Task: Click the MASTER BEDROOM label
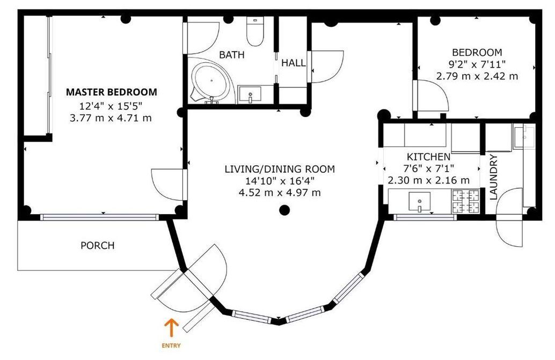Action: pos(112,92)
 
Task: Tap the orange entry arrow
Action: pos(171,327)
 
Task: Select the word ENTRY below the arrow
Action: pos(171,346)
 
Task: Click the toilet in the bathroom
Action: pos(255,31)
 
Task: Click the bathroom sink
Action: pos(250,94)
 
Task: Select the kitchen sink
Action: pos(419,202)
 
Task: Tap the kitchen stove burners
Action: pos(465,201)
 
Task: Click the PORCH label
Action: pos(97,245)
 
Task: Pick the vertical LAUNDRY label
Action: pos(493,178)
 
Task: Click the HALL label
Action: pos(294,63)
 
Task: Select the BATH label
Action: pos(231,55)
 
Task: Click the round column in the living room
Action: pos(284,210)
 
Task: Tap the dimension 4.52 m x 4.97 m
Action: pos(280,193)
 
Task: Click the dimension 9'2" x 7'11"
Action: pos(477,64)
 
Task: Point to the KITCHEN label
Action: pos(428,156)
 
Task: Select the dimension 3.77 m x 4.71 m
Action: pos(111,117)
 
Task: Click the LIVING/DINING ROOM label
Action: pos(280,169)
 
